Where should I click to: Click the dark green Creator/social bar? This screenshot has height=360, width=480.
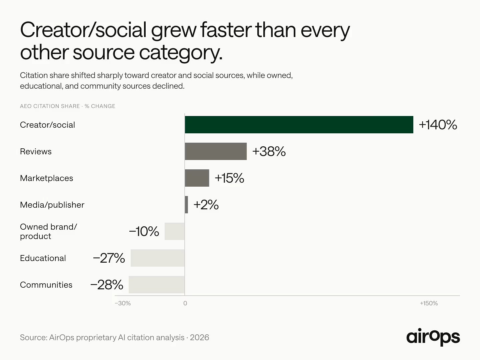tap(299, 125)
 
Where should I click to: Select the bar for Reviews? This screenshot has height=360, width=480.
tap(216, 151)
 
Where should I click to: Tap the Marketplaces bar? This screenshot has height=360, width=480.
tap(197, 178)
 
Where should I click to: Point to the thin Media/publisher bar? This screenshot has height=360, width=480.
tap(186, 205)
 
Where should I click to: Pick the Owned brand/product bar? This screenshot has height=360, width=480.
tap(175, 231)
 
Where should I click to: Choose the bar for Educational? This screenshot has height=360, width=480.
tap(158, 258)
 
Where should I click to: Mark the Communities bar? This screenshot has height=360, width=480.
tap(157, 285)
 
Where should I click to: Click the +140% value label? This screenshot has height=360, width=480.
tap(438, 125)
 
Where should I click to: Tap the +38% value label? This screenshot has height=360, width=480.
tap(269, 151)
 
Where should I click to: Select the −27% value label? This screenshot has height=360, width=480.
tap(109, 258)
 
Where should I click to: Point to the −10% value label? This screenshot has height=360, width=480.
tap(144, 231)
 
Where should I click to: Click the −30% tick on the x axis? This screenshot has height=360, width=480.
tap(123, 303)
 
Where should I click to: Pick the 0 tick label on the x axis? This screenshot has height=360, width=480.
tap(185, 303)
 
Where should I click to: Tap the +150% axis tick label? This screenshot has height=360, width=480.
tap(429, 303)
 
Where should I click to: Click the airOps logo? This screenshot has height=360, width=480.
tap(433, 337)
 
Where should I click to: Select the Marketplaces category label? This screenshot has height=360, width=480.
tap(46, 178)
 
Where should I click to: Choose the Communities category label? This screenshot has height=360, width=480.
tap(46, 285)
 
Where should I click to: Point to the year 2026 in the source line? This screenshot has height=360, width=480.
tap(199, 337)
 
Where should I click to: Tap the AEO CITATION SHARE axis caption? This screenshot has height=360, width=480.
tap(50, 106)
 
